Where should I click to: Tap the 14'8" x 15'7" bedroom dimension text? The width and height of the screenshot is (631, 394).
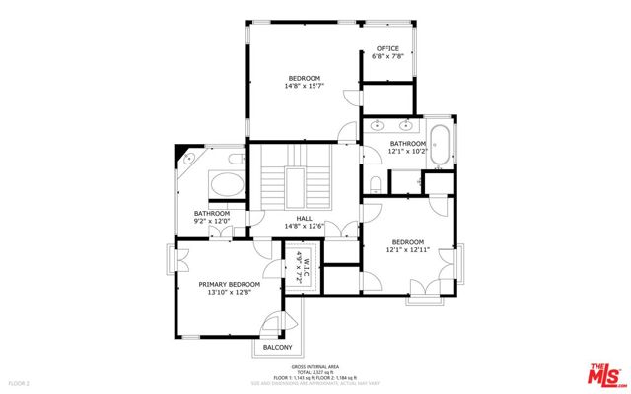click(304, 87)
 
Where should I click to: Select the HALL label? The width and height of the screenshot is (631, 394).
click(304, 219)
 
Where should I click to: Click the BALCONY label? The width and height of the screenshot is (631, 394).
click(277, 348)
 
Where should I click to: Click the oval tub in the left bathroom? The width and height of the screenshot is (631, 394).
click(228, 185)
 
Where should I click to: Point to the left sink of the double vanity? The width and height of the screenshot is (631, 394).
click(378, 125)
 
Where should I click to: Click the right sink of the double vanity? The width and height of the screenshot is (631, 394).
click(406, 125)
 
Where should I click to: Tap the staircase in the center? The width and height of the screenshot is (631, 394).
click(296, 181)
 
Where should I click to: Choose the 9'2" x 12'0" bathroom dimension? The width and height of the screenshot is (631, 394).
click(211, 222)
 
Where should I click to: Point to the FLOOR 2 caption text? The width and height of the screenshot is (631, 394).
click(20, 382)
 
